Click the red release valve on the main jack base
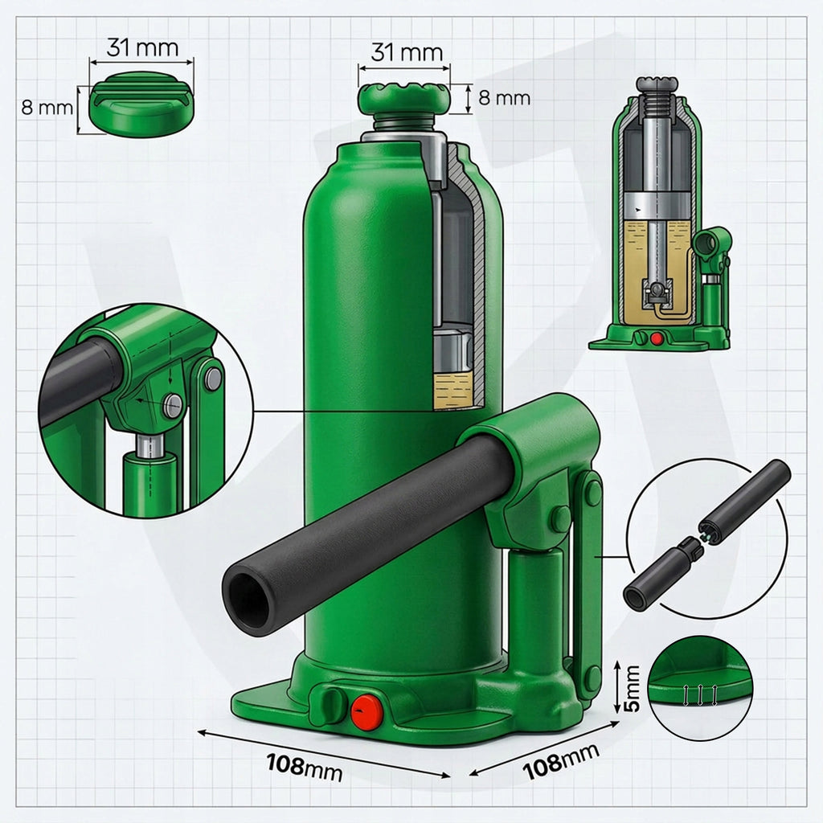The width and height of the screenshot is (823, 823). tap(366, 712)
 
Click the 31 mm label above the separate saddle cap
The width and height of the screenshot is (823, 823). tap(143, 47)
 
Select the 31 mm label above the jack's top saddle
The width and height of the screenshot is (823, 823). tap(407, 52)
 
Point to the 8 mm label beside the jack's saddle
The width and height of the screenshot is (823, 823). tap(505, 97)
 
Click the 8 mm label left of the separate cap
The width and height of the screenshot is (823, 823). tap(47, 108)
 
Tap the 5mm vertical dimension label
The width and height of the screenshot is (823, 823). tap(633, 688)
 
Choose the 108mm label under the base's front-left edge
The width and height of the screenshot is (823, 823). tap(305, 768)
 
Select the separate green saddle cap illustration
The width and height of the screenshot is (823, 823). tap(141, 105)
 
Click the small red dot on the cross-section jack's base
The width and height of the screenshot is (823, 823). tap(656, 338)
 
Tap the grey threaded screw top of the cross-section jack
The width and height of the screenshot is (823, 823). tap(657, 98)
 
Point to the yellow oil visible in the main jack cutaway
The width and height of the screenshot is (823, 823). tap(453, 390)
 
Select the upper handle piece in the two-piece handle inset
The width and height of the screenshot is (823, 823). tap(745, 497)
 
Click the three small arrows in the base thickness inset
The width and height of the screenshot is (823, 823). tap(700, 695)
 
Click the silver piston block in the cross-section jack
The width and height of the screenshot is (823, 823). tap(657, 205)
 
